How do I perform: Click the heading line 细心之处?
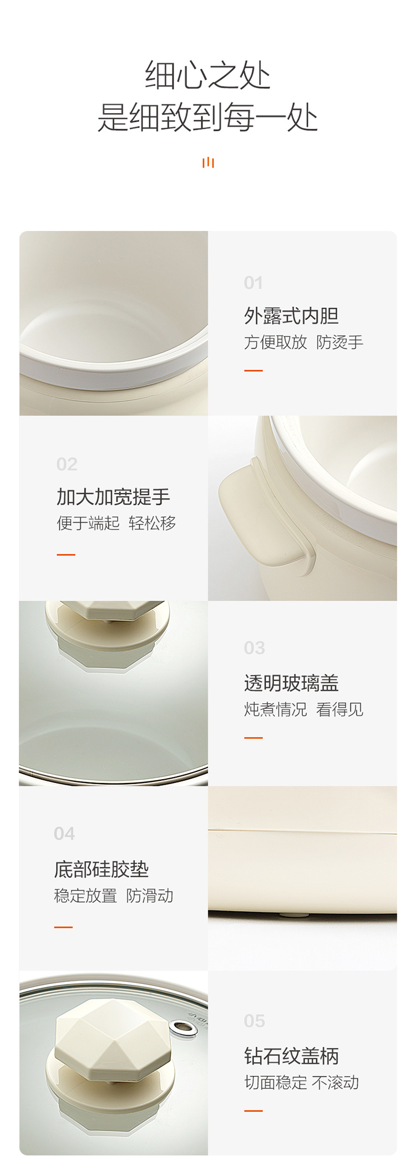(x=208, y=75)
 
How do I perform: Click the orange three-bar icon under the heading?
(x=208, y=162)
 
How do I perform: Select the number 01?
(x=253, y=283)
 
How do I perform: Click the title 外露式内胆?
(x=291, y=316)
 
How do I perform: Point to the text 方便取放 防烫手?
(x=303, y=342)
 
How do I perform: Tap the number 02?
(x=67, y=464)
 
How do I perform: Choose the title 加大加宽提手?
(x=113, y=497)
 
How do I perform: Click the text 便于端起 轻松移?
(x=116, y=523)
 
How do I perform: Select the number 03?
(x=255, y=648)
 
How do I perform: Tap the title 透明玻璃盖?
(x=291, y=683)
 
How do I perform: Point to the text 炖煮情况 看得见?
(x=303, y=709)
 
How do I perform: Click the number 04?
(x=64, y=833)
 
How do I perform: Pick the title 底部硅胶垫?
(x=102, y=869)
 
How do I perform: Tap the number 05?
(x=255, y=1021)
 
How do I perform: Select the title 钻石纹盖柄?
(x=291, y=1056)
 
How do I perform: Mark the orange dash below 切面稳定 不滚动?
(x=253, y=1111)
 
